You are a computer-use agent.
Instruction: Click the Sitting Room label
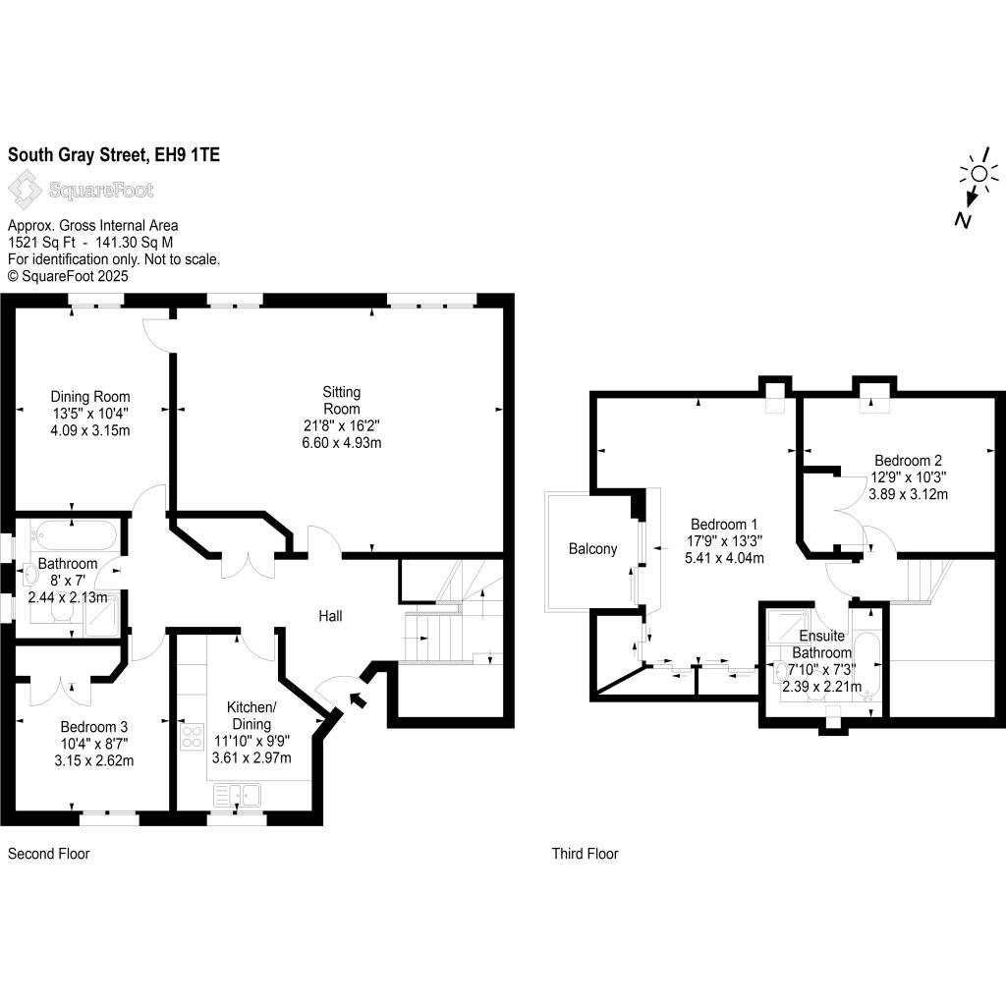[x=341, y=401]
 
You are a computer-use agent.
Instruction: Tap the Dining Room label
[x=90, y=397]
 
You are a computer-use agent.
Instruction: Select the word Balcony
[x=592, y=548]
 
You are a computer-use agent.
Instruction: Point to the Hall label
[x=330, y=616]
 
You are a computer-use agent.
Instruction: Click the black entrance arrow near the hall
[x=358, y=699]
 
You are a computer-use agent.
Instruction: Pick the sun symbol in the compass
[x=979, y=173]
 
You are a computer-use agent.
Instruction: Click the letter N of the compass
[x=963, y=220]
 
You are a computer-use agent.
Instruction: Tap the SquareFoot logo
[x=81, y=190]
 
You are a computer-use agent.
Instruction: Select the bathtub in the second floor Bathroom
[x=75, y=534]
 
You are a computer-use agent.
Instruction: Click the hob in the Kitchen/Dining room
[x=192, y=736]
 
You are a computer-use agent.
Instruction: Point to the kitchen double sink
[x=238, y=795]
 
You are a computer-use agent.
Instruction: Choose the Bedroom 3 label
[x=93, y=727]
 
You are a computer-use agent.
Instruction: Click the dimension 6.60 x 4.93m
[x=341, y=443]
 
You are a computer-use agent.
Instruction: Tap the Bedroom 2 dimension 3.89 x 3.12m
[x=908, y=494]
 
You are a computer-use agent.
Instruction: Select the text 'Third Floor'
[x=586, y=854]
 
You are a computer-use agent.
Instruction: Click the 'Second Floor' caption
[x=49, y=854]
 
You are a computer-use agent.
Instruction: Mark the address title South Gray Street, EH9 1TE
[x=114, y=154]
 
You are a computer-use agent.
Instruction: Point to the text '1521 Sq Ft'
[x=41, y=243]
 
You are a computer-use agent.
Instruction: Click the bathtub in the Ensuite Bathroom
[x=866, y=665]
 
